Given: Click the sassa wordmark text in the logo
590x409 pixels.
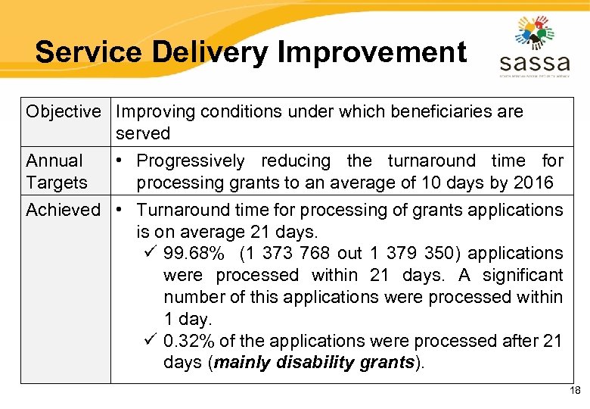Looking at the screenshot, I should pyautogui.click(x=534, y=62).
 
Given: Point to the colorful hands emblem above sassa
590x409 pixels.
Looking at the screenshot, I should pyautogui.click(x=535, y=32).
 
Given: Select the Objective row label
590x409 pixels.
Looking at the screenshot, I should pyautogui.click(x=64, y=112).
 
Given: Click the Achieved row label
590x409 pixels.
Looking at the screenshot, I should pyautogui.click(x=64, y=210).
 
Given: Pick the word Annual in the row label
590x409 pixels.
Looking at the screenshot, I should pyautogui.click(x=54, y=161).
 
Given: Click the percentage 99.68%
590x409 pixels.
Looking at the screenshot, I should pyautogui.click(x=194, y=253).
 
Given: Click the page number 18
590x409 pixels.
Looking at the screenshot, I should pyautogui.click(x=574, y=391).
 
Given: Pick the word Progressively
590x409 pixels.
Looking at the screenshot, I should pyautogui.click(x=191, y=161).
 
